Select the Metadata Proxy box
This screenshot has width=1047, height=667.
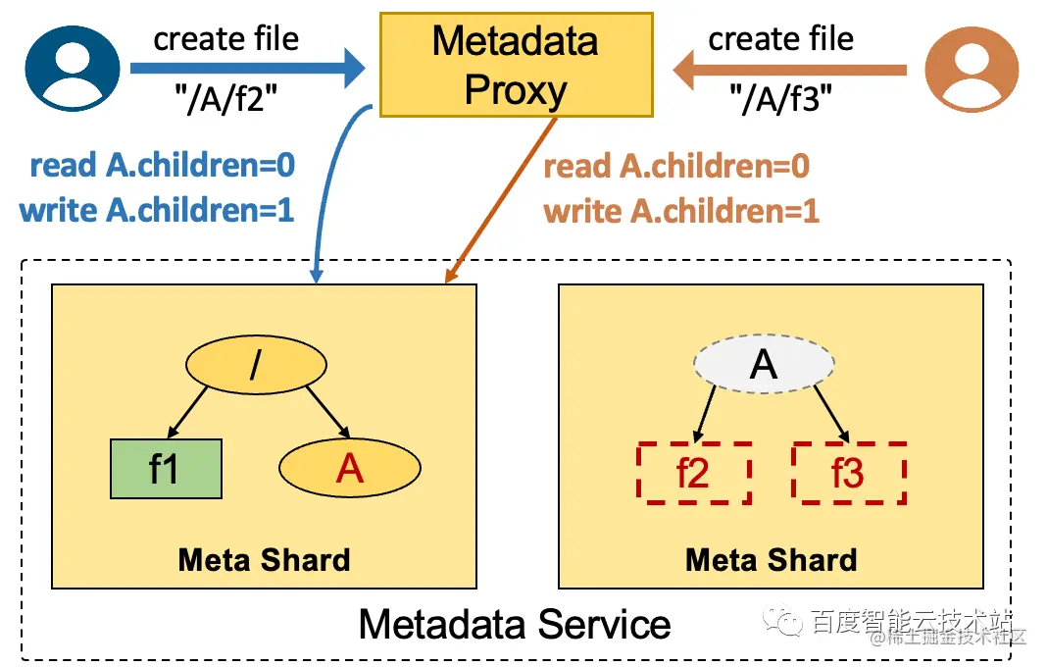515,64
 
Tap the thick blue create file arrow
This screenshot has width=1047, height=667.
245,69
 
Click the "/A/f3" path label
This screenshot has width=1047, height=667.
780,98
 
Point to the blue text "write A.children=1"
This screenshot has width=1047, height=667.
157,210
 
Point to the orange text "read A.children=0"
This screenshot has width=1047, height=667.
676,166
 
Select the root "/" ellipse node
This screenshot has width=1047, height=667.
256,366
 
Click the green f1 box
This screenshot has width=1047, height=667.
165,469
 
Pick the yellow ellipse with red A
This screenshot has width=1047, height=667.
350,469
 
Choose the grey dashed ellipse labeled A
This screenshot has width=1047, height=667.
763,365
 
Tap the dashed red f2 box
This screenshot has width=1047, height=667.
693,473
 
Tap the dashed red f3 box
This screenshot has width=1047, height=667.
848,473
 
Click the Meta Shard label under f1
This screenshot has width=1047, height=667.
264,559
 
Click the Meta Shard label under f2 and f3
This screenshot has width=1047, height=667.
771,559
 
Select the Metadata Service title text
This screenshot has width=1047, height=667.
515,624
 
